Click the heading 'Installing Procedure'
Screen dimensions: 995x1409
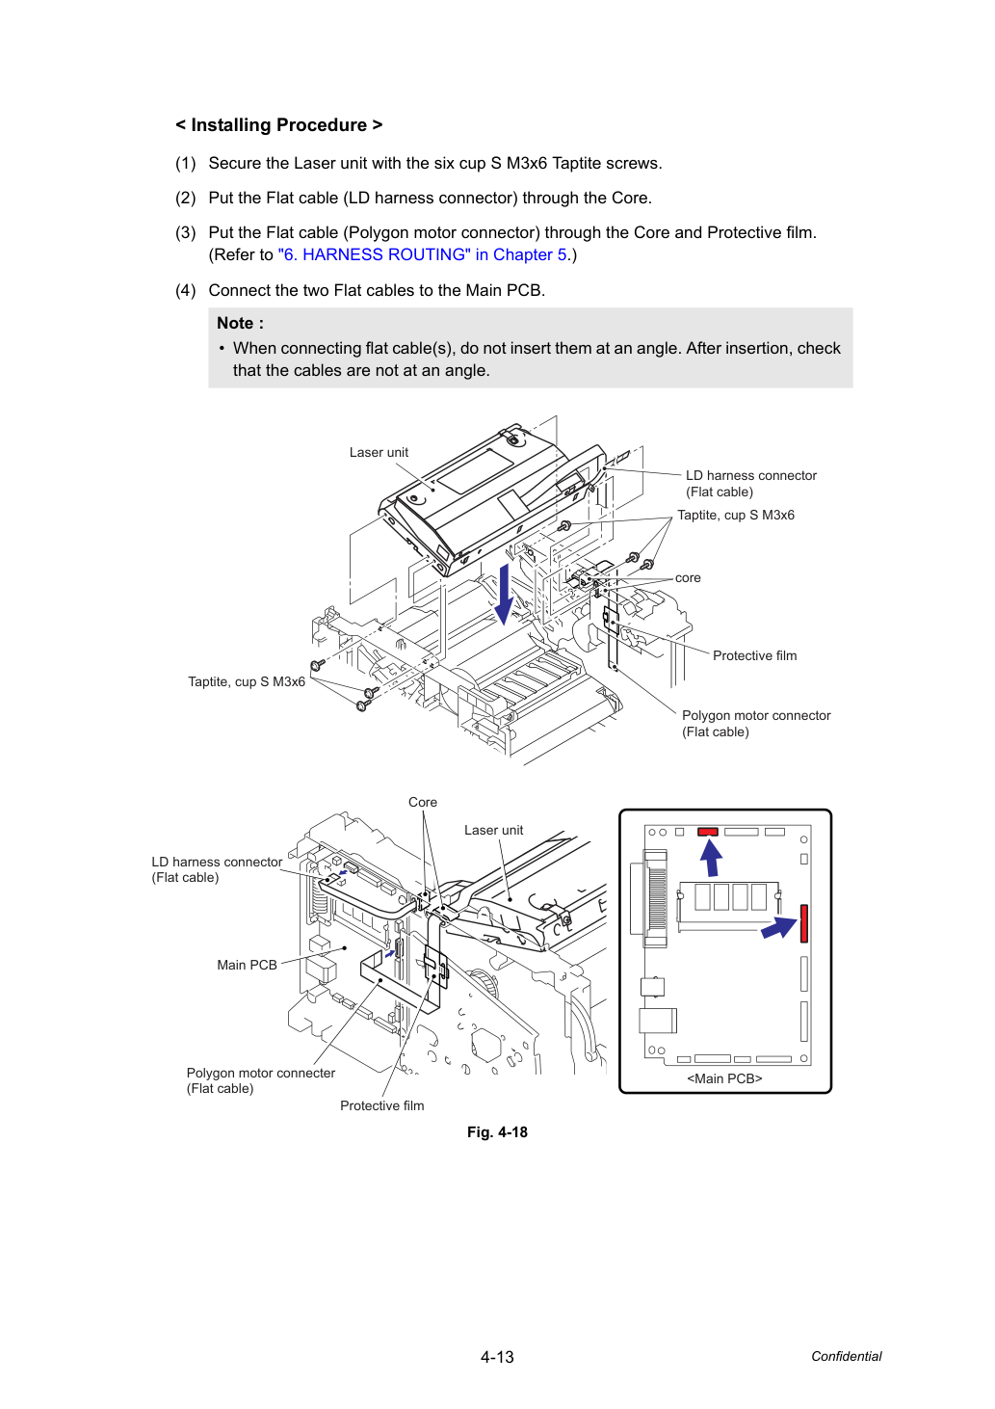point(278,125)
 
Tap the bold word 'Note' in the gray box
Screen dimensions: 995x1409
point(235,323)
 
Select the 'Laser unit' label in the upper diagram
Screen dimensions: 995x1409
point(379,452)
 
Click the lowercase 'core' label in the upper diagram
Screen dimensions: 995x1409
point(688,578)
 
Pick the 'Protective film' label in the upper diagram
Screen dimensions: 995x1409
point(754,655)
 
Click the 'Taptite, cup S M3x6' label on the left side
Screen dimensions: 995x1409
point(247,682)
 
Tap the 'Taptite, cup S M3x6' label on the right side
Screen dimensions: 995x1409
point(735,516)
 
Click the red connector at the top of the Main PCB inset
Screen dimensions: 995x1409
point(707,832)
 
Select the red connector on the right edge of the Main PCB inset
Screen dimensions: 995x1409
point(803,923)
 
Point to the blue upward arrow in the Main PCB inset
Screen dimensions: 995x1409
point(712,859)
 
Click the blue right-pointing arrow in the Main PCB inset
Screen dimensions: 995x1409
point(779,927)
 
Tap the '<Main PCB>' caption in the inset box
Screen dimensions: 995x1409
point(724,1078)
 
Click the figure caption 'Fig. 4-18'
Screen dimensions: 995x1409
point(497,1132)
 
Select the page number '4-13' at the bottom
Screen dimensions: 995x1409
point(497,1357)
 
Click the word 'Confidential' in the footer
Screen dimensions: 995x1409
point(846,1356)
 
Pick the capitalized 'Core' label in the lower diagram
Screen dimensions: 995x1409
point(423,802)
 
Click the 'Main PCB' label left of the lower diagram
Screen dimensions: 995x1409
point(247,965)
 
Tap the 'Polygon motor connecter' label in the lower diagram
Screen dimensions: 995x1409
point(261,1073)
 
